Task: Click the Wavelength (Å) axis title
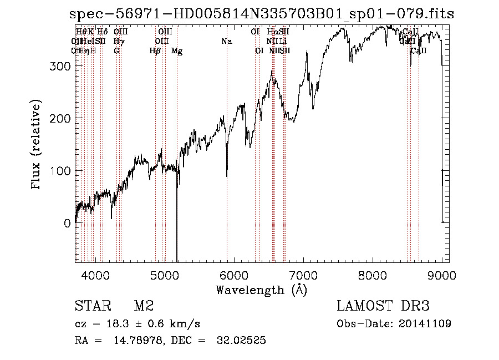point(261,290)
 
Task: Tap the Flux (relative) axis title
point(37,145)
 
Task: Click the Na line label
point(227,42)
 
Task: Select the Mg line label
point(177,51)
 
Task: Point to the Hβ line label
point(155,51)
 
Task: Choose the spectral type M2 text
point(144,306)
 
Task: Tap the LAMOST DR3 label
point(383,306)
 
